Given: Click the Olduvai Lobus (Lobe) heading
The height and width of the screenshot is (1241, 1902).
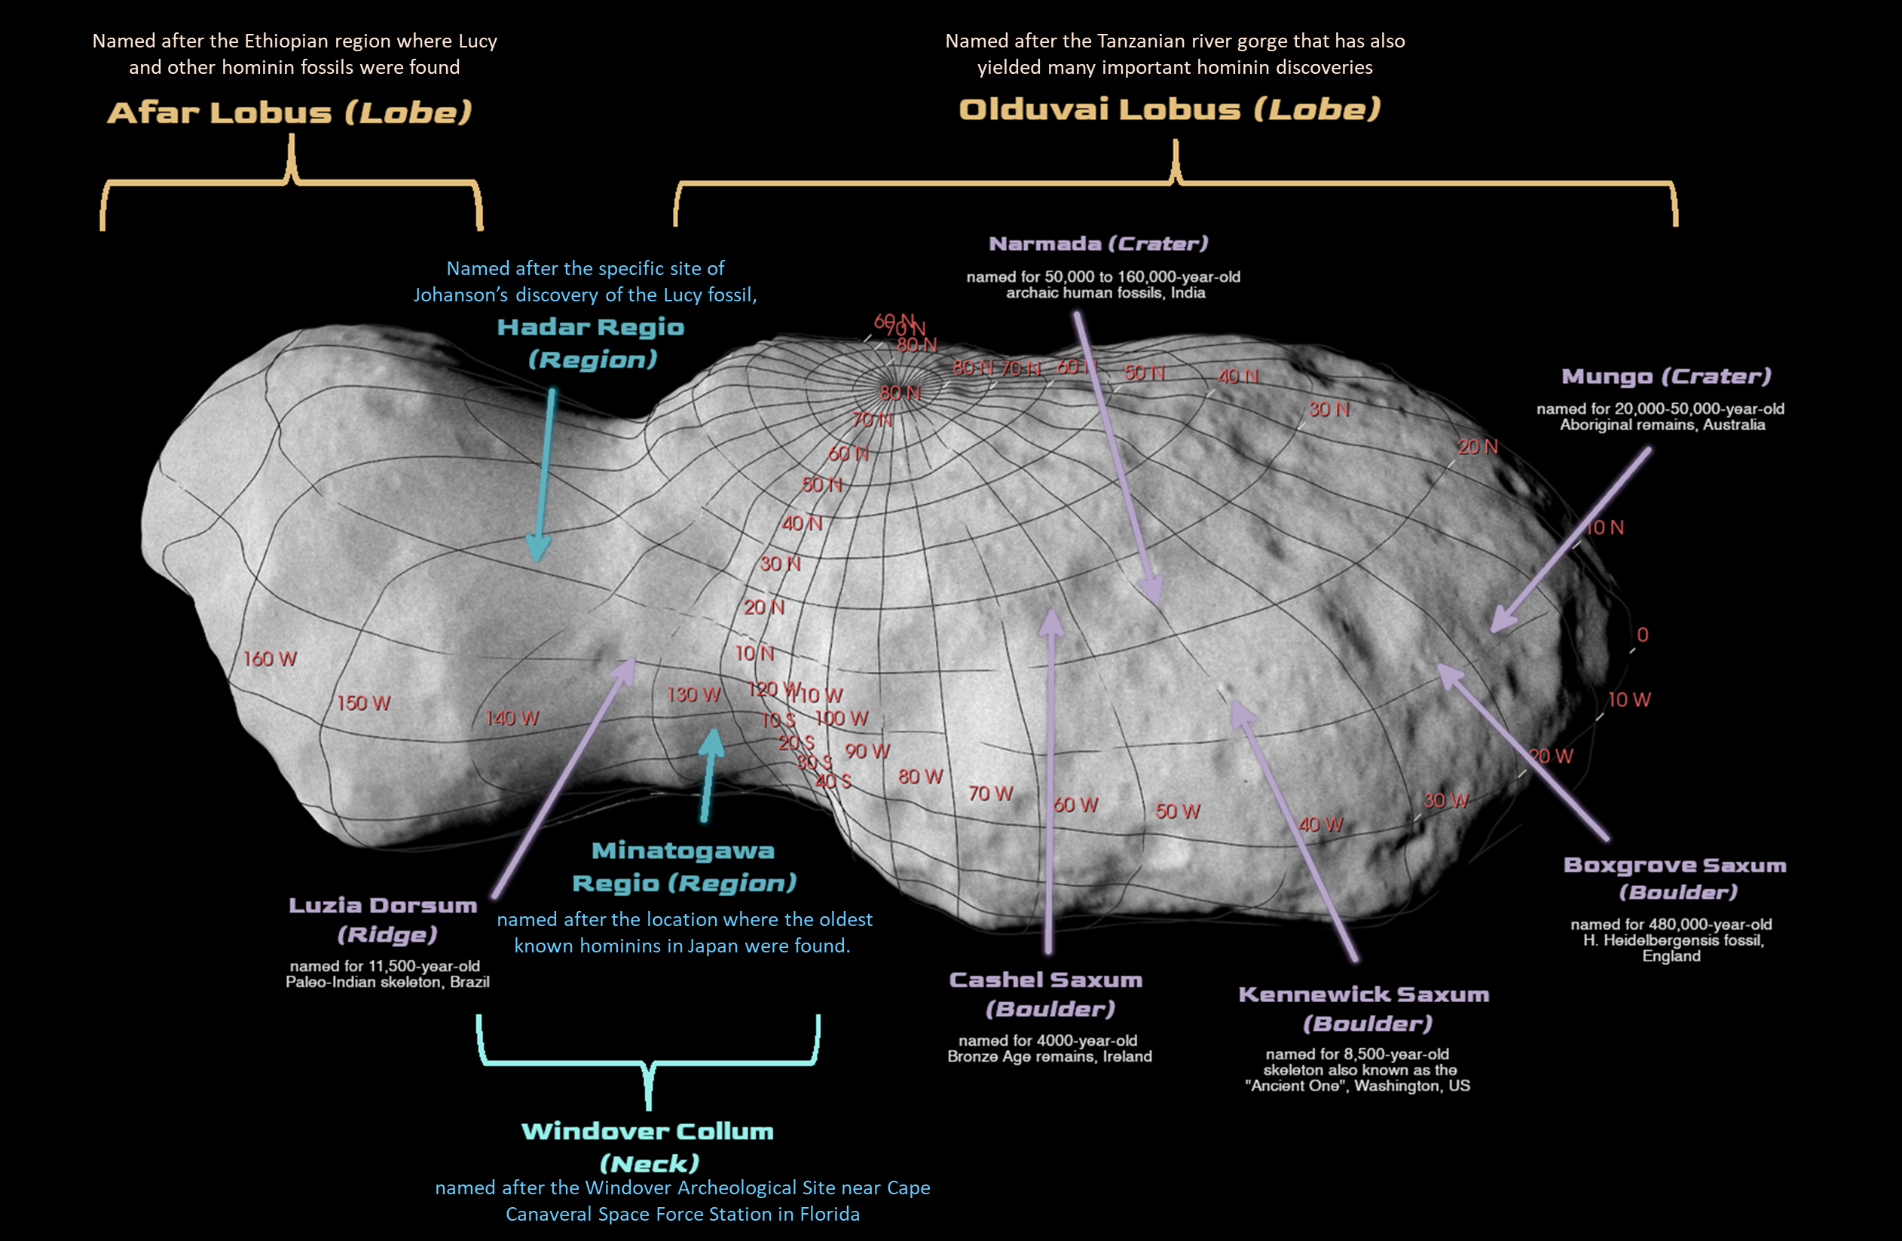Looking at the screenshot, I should click(x=1170, y=109).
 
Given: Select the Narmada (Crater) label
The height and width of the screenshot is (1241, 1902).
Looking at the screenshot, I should click(x=1098, y=243).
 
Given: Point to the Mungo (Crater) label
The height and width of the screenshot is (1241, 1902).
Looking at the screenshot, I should click(x=1666, y=377).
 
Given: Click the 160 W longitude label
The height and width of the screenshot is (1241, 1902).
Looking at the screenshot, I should click(x=269, y=659).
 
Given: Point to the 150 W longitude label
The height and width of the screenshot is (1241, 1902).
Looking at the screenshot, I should click(x=364, y=703).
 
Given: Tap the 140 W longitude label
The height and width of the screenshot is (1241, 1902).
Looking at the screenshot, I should click(x=512, y=718).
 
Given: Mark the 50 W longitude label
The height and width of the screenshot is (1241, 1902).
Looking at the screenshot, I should click(x=1177, y=812).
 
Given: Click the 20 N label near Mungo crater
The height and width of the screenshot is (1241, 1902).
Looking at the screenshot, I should click(x=1477, y=448).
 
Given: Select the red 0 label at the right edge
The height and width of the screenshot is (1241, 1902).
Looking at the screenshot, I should click(x=1642, y=635).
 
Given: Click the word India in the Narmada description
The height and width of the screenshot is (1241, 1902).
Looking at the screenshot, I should click(x=1188, y=293).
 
